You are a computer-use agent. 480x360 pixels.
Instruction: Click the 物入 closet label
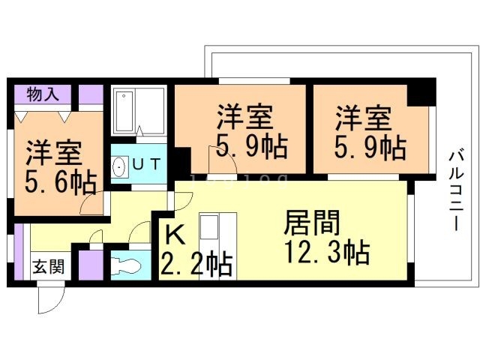coord(43,94)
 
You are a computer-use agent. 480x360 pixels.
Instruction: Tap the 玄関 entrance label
coord(46,267)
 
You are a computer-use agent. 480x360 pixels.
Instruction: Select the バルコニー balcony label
coord(455,190)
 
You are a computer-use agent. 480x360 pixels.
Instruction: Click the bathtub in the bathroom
coord(124,111)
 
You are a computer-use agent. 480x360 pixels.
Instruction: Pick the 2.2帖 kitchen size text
coord(195,264)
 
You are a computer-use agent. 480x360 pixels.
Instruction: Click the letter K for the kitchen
coord(174,235)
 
